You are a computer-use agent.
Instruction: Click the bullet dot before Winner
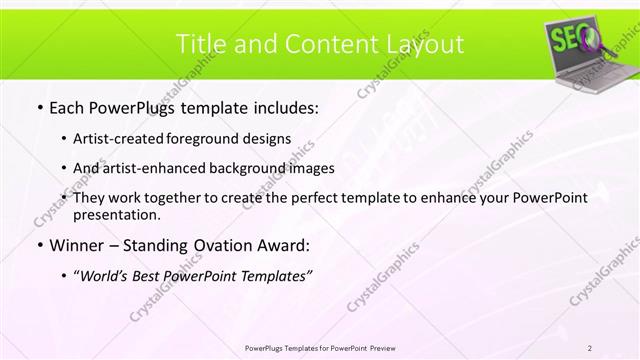(38, 246)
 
